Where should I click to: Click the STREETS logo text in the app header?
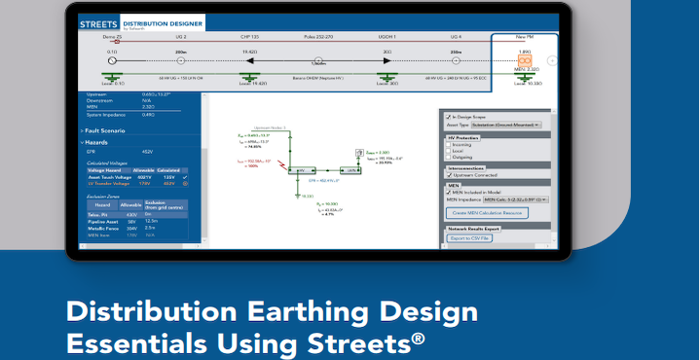(x=97, y=21)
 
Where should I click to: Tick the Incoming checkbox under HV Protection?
(x=448, y=144)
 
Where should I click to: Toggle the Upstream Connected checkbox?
(x=448, y=175)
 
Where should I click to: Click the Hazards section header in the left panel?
(x=98, y=141)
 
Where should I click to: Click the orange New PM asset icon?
(x=523, y=60)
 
